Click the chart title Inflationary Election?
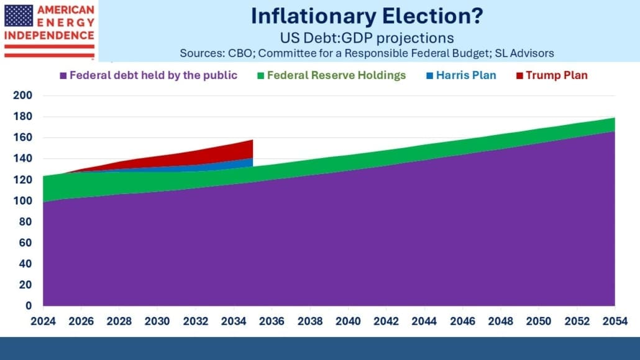click(x=367, y=16)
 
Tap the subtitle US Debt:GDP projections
click(x=367, y=38)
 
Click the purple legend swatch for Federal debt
click(x=63, y=76)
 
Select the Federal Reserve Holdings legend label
click(x=336, y=75)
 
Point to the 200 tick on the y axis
click(x=22, y=95)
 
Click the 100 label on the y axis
click(x=22, y=201)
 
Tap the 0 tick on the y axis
click(x=28, y=306)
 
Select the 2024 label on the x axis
click(x=43, y=321)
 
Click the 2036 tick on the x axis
click(x=272, y=321)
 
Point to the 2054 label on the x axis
click(x=615, y=321)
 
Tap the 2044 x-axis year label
click(x=424, y=321)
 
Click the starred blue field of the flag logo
click(x=19, y=16)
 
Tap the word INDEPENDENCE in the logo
click(x=49, y=35)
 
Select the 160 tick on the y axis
click(x=22, y=137)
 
